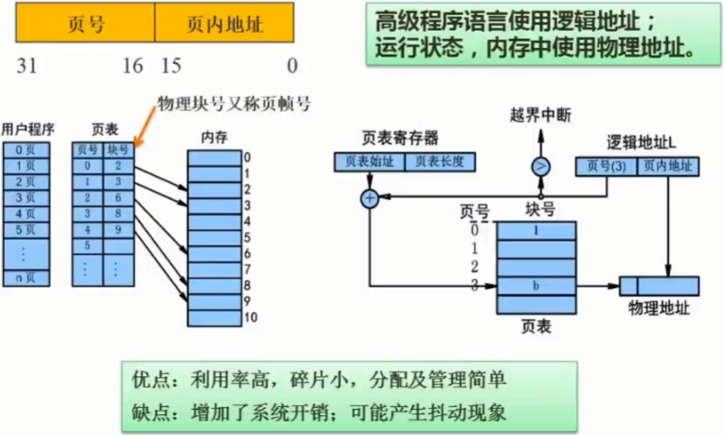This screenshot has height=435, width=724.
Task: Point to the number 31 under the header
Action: tap(28, 66)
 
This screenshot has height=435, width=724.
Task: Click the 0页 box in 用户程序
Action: tap(26, 150)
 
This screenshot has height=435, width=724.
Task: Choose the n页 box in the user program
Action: tap(26, 279)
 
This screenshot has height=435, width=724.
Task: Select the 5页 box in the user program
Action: tap(26, 230)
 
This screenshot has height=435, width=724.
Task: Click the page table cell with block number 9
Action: tap(118, 230)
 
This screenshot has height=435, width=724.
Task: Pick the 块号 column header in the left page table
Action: tap(118, 150)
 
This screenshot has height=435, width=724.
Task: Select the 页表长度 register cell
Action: tap(439, 161)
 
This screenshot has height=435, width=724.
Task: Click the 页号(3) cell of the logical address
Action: tap(606, 165)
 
